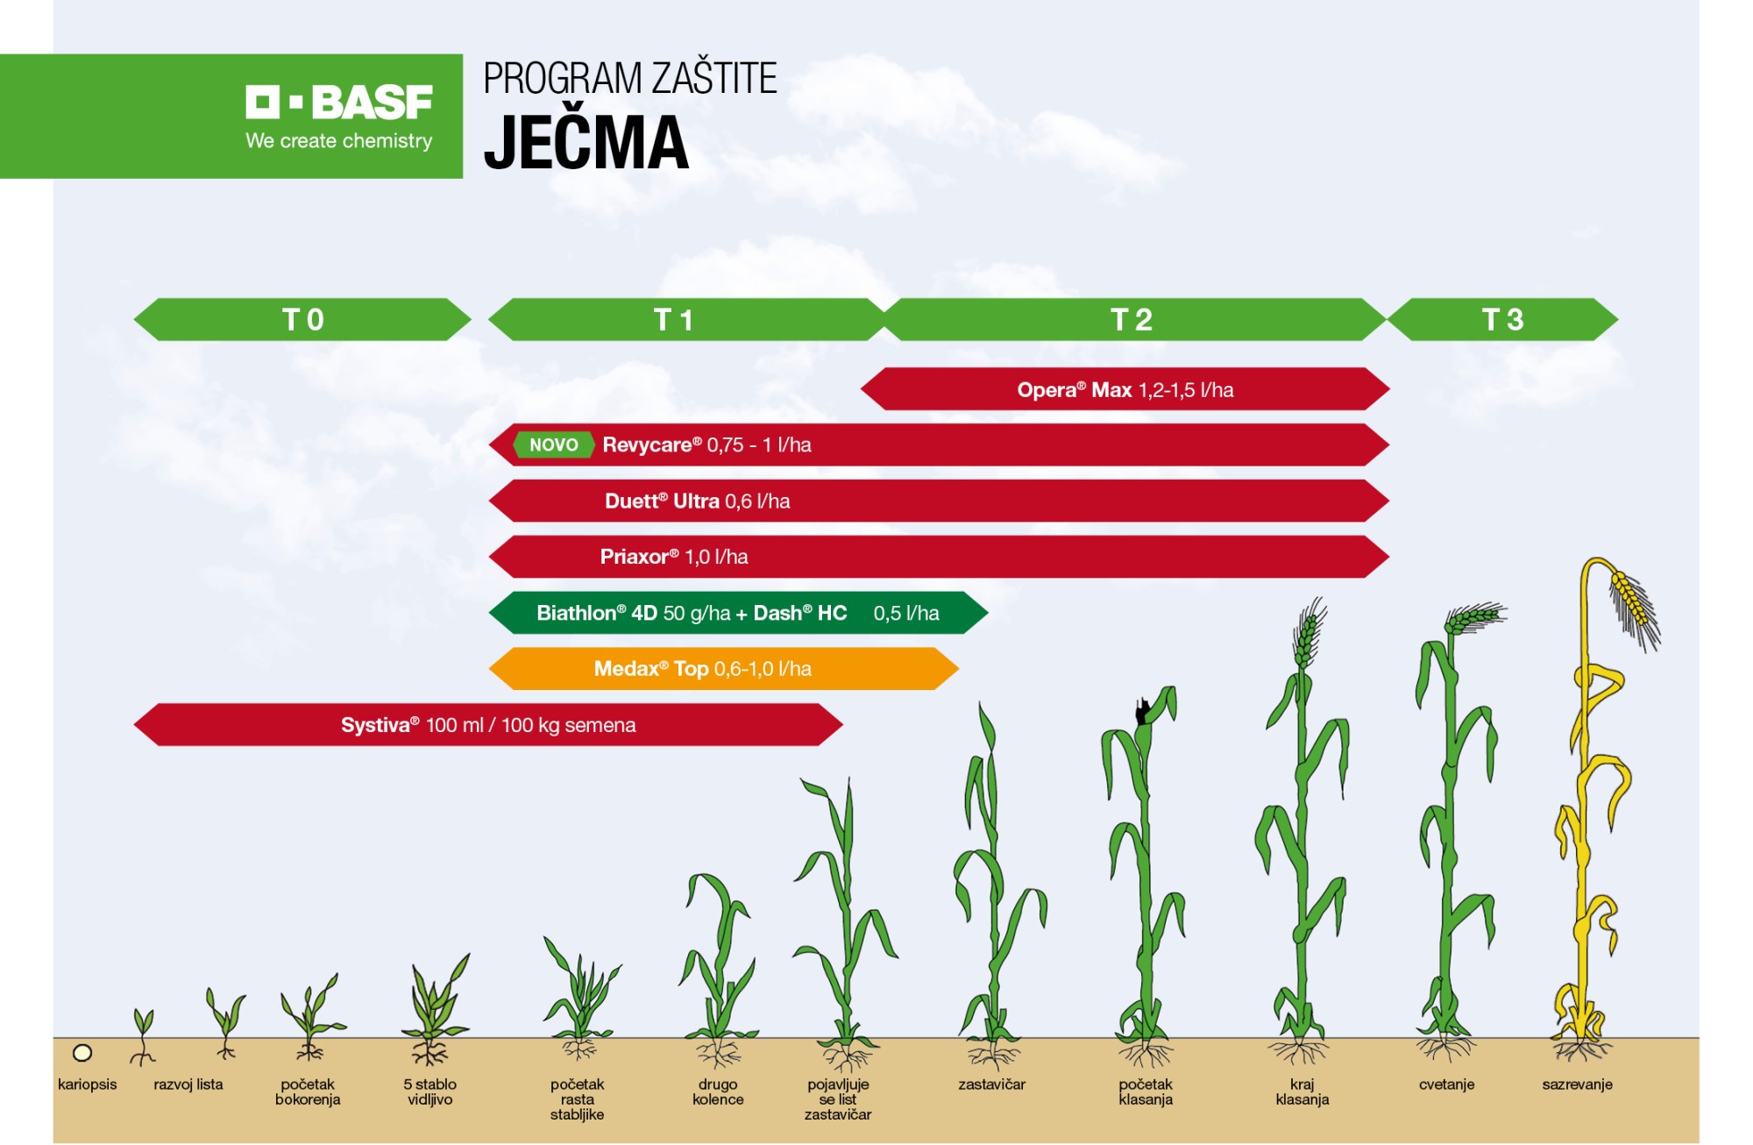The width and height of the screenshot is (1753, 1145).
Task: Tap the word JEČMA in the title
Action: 586,142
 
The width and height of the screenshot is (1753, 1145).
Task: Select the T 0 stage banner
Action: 302,319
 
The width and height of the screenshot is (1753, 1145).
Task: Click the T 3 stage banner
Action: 1503,319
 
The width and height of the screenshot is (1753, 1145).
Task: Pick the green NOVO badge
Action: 554,444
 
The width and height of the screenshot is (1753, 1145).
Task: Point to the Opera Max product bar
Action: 1125,389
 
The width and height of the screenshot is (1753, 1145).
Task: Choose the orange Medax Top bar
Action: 724,669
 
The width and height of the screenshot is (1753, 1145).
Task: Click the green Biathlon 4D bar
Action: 738,613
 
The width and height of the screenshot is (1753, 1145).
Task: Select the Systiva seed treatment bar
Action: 488,725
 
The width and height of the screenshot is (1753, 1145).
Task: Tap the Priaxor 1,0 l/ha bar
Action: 939,557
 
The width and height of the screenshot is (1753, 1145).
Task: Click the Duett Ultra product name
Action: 662,501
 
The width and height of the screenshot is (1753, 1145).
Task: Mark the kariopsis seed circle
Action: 82,1052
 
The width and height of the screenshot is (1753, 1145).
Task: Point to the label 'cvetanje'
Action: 1446,1085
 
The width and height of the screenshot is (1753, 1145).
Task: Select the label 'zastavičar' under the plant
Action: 991,1085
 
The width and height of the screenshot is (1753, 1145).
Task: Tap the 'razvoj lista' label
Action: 188,1085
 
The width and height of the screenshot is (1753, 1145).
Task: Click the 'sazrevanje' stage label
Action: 1578,1085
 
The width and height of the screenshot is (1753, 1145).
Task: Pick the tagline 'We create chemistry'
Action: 339,140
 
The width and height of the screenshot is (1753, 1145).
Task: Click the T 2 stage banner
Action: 1132,319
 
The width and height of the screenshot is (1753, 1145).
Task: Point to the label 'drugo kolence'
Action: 718,1092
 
